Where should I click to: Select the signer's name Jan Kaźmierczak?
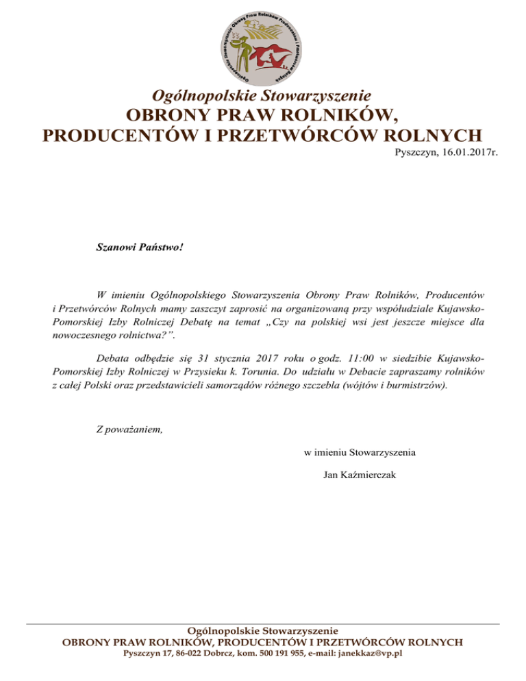360,475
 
